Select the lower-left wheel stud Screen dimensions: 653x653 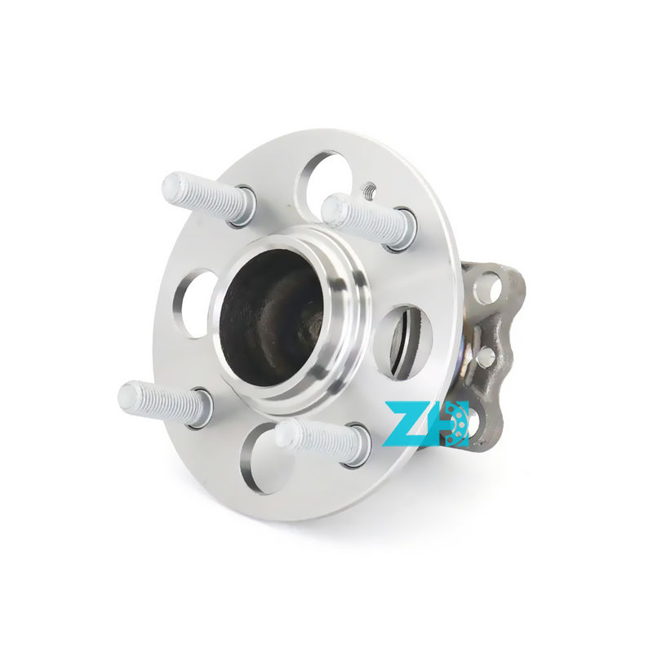tap(163, 402)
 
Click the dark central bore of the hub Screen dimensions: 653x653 tap(269, 318)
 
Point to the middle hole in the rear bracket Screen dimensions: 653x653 tap(486, 357)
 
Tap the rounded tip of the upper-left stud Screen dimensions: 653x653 tap(173, 187)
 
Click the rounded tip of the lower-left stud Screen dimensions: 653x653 tap(129, 397)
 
